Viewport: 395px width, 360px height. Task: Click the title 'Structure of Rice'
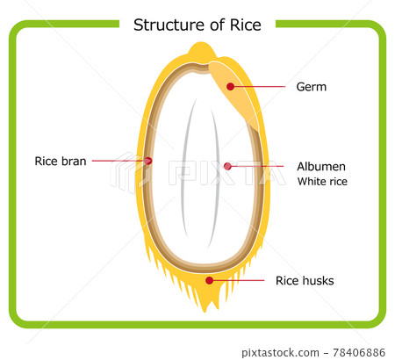pyautogui.click(x=197, y=25)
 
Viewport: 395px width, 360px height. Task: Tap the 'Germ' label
pyautogui.click(x=311, y=87)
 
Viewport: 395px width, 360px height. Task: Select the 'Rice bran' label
pyautogui.click(x=61, y=161)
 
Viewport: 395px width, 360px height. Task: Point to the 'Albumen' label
pyautogui.click(x=322, y=165)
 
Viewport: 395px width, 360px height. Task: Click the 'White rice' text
pyautogui.click(x=322, y=182)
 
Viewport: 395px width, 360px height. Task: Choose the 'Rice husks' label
pyautogui.click(x=305, y=281)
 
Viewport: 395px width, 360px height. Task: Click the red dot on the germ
pyautogui.click(x=231, y=86)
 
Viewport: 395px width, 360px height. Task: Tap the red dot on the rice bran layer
pyautogui.click(x=148, y=161)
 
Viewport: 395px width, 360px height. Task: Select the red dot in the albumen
pyautogui.click(x=227, y=165)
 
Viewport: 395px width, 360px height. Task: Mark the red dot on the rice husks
pyautogui.click(x=209, y=280)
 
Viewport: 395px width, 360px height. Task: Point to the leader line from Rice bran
pyautogui.click(x=118, y=161)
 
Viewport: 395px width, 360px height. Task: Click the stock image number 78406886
pyautogui.click(x=352, y=351)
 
